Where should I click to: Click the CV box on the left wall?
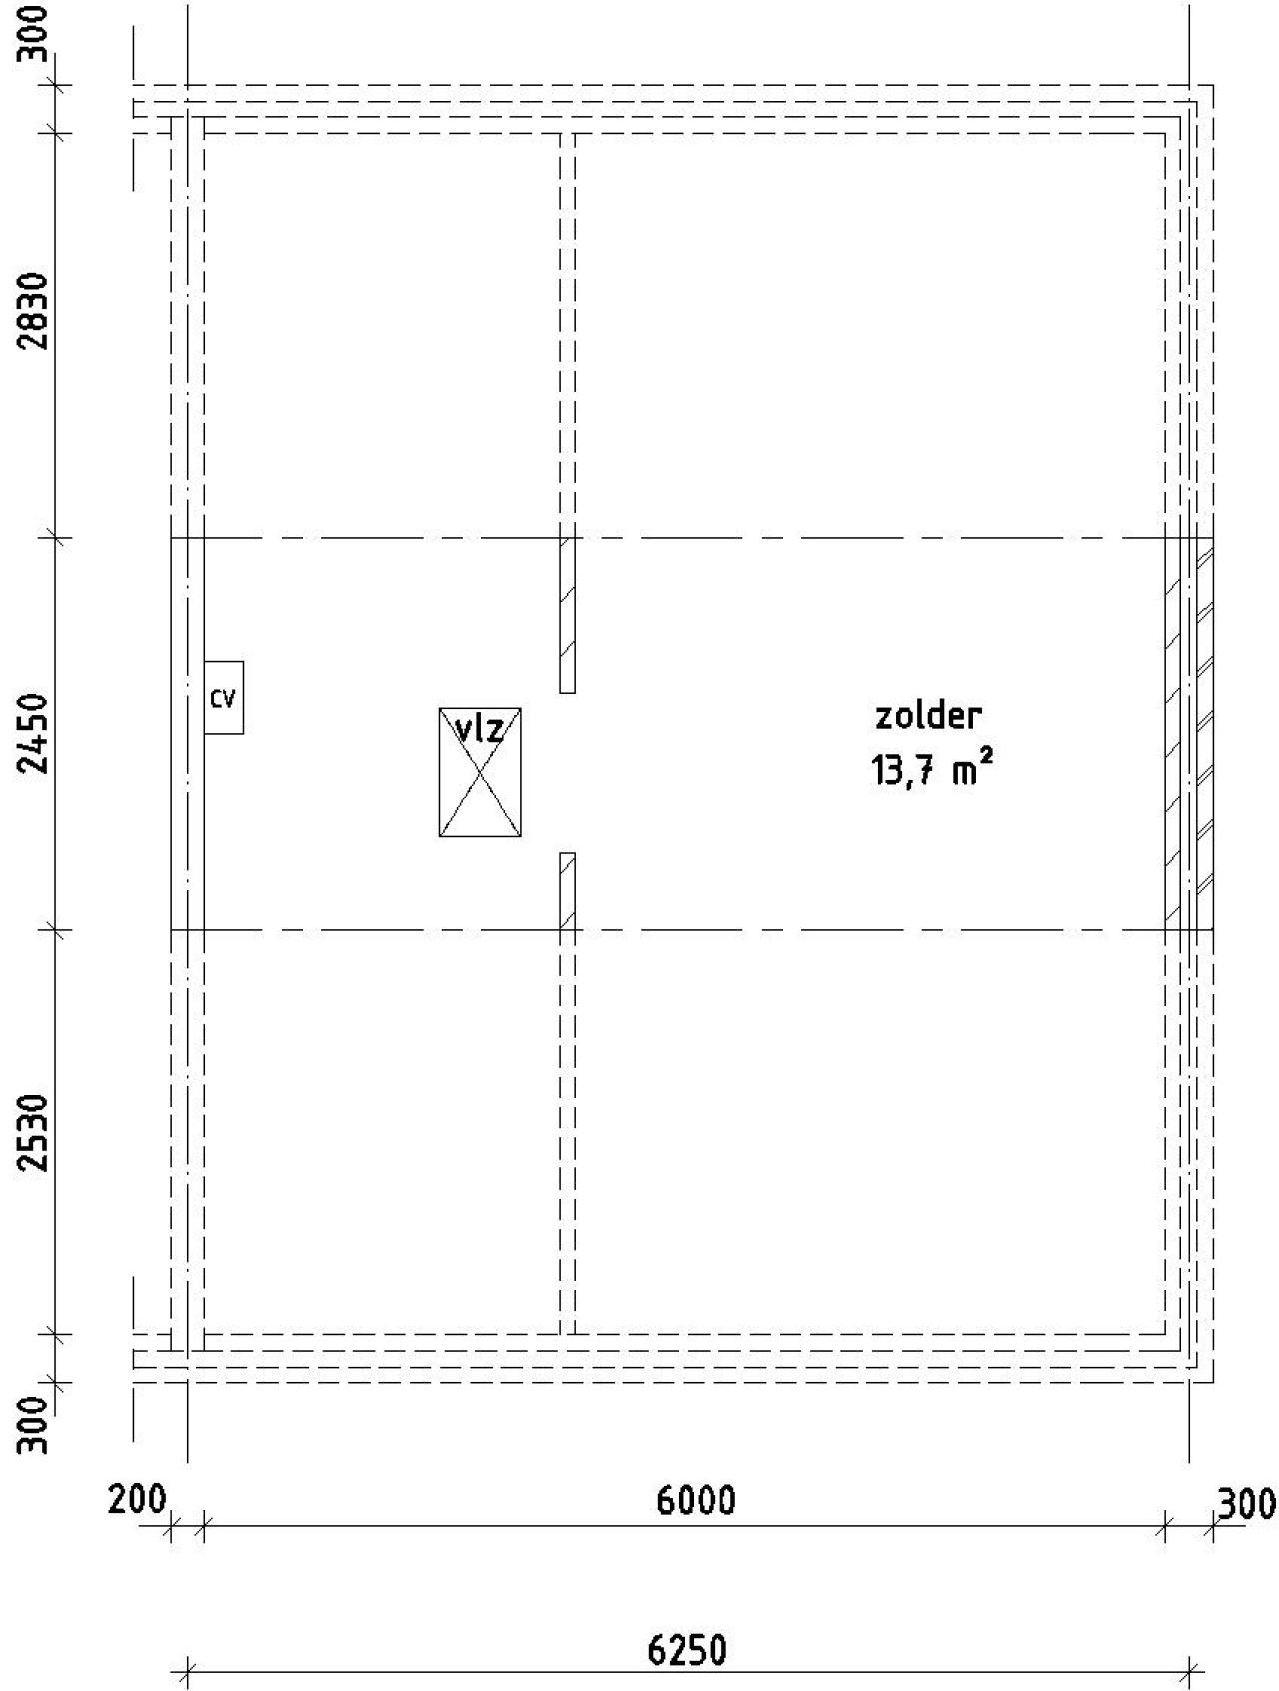(x=224, y=697)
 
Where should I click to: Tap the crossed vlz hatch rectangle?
(x=480, y=772)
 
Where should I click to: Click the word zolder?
(x=928, y=715)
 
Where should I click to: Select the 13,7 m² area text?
(x=933, y=771)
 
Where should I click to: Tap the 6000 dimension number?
(x=695, y=1500)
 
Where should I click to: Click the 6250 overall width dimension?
(x=687, y=1651)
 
